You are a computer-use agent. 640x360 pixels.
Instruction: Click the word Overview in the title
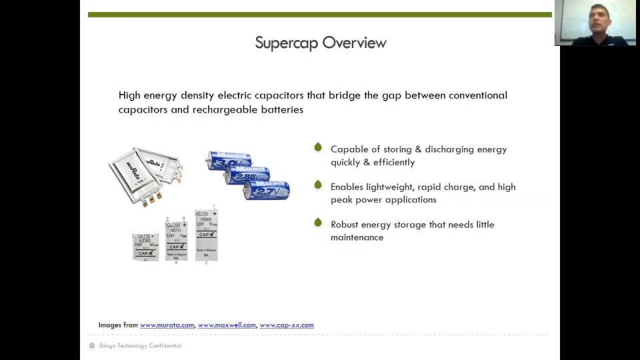click(x=354, y=43)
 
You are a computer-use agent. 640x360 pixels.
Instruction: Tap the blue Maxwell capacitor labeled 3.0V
click(x=228, y=161)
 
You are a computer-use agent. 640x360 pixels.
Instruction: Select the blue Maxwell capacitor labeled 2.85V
click(x=247, y=175)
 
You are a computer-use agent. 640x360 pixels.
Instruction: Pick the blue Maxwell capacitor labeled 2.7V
click(x=267, y=190)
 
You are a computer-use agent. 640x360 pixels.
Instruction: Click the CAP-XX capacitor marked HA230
click(x=145, y=247)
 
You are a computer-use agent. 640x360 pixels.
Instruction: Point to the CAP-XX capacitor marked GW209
click(x=176, y=239)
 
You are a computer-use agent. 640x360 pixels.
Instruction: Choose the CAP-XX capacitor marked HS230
click(x=206, y=235)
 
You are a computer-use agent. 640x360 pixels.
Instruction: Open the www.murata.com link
click(x=167, y=325)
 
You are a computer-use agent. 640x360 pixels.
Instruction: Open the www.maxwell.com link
click(x=227, y=325)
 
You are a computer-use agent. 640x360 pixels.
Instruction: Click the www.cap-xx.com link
click(x=287, y=325)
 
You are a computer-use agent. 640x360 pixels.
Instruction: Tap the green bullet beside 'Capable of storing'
click(x=318, y=147)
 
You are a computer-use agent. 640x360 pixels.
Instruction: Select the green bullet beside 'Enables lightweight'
click(x=318, y=185)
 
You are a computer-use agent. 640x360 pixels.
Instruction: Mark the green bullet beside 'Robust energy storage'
click(x=318, y=222)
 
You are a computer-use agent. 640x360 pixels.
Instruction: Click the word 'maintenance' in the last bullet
click(x=357, y=237)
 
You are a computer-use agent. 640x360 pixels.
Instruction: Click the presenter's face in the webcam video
click(x=599, y=16)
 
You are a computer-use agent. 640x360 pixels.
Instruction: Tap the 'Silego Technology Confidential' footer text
click(x=140, y=346)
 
